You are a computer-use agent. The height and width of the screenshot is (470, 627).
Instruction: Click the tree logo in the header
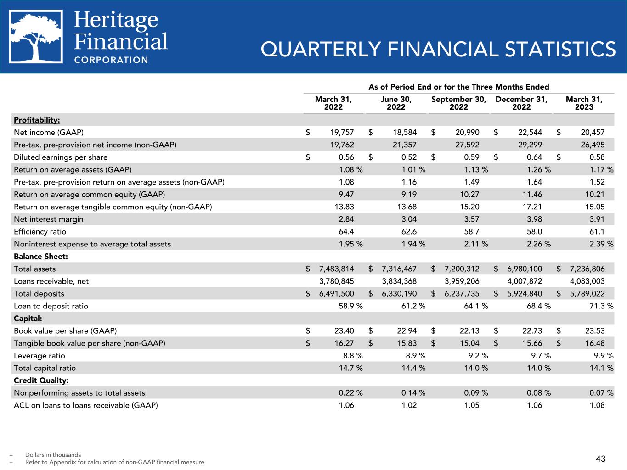(x=36, y=37)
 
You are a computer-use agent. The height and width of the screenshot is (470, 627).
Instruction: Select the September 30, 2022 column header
(x=458, y=103)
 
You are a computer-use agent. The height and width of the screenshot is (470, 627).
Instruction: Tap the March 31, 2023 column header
(x=584, y=103)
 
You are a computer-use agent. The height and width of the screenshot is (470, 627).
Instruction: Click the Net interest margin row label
(x=49, y=219)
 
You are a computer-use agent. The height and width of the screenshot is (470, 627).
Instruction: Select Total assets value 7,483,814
(x=336, y=269)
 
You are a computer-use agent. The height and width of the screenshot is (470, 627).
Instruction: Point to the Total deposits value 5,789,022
(x=587, y=294)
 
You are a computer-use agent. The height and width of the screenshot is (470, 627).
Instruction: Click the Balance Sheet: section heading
(x=41, y=257)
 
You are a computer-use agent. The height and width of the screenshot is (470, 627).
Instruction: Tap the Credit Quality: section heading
(x=41, y=380)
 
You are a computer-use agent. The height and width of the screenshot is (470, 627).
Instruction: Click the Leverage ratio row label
(x=40, y=356)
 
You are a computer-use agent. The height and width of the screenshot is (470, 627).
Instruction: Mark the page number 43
(x=601, y=459)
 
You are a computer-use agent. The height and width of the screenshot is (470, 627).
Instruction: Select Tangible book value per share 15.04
(x=470, y=343)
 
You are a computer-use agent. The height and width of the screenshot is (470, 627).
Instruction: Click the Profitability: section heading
(x=37, y=120)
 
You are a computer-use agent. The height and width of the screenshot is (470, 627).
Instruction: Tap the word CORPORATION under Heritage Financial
(x=111, y=60)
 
